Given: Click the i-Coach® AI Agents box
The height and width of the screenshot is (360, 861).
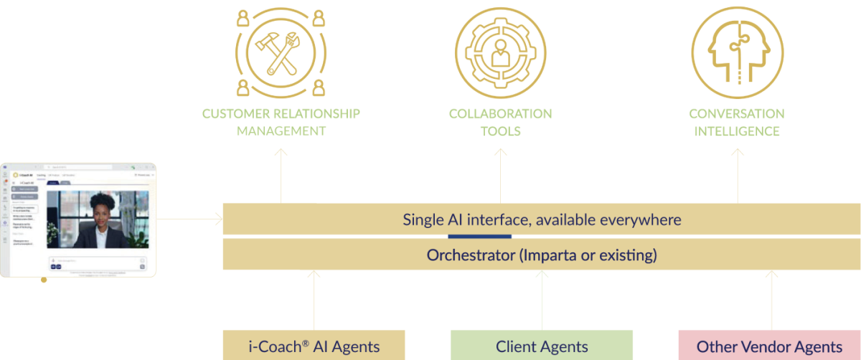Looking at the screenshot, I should [314, 346].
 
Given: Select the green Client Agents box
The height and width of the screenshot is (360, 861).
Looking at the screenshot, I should [542, 346].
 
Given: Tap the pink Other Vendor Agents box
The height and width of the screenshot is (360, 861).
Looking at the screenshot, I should [769, 346].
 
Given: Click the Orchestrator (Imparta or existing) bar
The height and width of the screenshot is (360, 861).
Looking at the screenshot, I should [542, 255].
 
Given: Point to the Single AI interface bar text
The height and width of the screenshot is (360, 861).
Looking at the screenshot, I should [542, 219].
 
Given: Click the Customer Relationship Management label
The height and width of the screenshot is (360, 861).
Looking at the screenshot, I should [281, 123].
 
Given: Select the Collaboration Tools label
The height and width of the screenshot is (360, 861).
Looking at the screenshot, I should [501, 123].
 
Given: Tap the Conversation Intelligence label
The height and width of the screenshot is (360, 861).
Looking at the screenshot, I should [737, 123].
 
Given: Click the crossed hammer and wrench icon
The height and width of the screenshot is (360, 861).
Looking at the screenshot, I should [281, 51].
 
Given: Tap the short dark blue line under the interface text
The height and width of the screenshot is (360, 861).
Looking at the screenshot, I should [479, 236].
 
